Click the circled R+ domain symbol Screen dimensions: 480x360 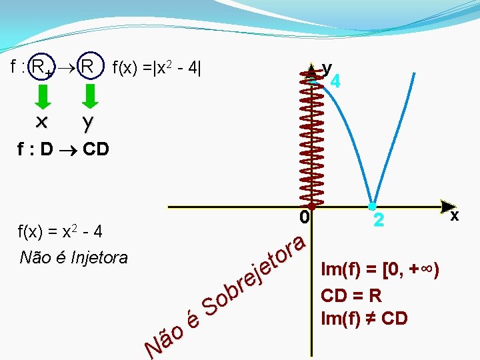(x=41, y=66)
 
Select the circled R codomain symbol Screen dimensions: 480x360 (x=91, y=65)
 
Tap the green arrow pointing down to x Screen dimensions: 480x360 (x=43, y=97)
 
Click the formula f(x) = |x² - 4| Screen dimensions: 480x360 (x=157, y=67)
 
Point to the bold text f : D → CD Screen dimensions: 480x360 (x=63, y=149)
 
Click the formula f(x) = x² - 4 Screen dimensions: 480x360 (x=60, y=231)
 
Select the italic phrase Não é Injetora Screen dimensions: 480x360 (x=73, y=257)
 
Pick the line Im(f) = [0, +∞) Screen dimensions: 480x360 (x=380, y=270)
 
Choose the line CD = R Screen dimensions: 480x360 (x=351, y=296)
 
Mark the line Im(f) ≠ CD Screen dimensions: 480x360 (x=364, y=319)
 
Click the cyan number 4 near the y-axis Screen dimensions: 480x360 (x=335, y=81)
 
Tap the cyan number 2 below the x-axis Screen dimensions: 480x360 (x=379, y=220)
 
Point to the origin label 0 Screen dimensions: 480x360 (x=304, y=217)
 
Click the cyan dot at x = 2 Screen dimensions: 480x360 (x=372, y=207)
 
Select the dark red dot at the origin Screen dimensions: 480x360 (x=311, y=207)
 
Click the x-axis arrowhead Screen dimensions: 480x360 (x=448, y=207)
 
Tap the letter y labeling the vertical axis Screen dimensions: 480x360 (x=327, y=69)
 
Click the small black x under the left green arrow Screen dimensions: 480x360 (x=41, y=122)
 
